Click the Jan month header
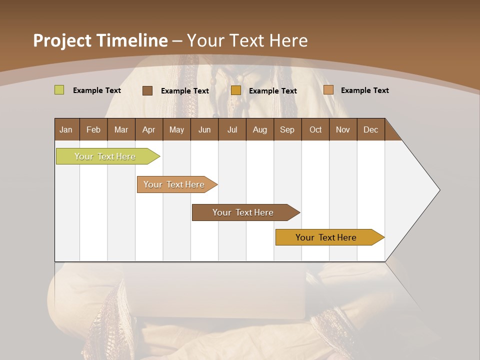66,129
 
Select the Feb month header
93,129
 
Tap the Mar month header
121,129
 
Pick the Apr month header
148,129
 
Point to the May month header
176,129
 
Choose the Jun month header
204,129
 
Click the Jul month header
232,129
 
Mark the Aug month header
259,129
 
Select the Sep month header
287,129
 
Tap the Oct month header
315,129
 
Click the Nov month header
343,129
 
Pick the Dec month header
370,129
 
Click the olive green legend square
59,90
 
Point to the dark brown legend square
147,90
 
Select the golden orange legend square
235,90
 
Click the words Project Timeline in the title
100,40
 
